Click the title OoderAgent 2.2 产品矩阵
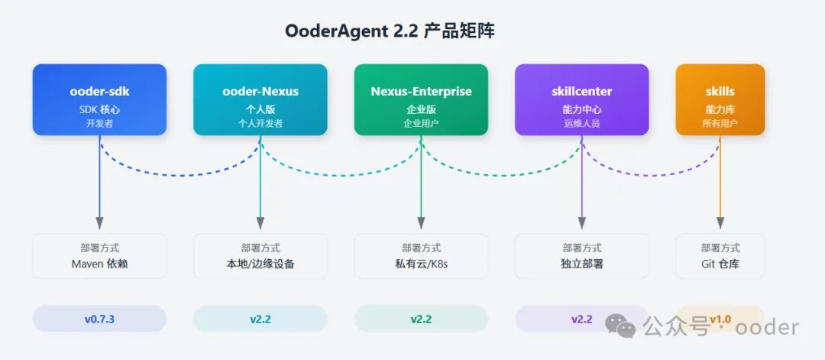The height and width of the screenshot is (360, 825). point(390,31)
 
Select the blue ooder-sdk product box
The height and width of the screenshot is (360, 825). point(99,99)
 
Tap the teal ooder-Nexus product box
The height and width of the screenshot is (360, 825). point(260,99)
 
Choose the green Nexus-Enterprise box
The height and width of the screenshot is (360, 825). point(421,99)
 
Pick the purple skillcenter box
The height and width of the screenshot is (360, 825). point(581,99)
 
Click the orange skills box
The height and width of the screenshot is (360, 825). point(720,99)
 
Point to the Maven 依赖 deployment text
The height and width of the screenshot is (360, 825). point(99,264)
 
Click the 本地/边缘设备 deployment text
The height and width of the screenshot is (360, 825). point(260,264)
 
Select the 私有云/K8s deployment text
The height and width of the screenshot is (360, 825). point(421,264)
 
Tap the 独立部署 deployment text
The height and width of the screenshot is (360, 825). point(581,264)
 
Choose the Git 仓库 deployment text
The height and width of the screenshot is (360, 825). point(720,264)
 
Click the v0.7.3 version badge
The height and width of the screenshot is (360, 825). point(99,319)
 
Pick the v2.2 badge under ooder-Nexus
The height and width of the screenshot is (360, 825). point(260,319)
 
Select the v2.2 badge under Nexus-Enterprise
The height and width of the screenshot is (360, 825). point(421,319)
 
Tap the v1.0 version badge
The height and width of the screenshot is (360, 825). point(720,319)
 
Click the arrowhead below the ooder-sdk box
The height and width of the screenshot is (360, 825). point(99,222)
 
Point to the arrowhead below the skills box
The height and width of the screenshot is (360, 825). point(720,222)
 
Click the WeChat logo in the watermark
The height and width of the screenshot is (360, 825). point(620,327)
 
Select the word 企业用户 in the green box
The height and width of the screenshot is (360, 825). point(421,123)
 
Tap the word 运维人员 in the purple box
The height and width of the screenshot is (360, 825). point(581,123)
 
